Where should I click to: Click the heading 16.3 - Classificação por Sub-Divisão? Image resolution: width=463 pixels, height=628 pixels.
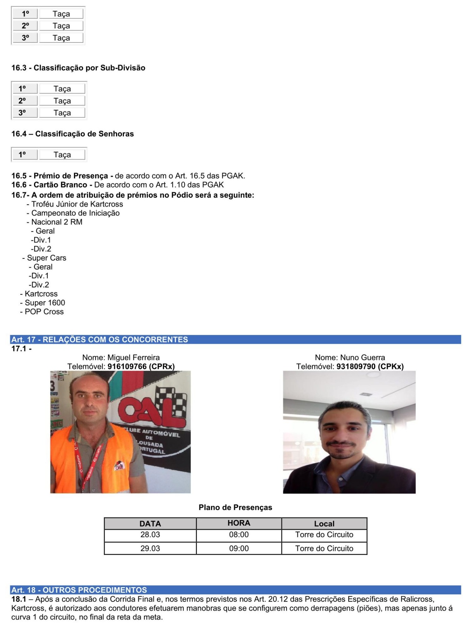coord(78,68)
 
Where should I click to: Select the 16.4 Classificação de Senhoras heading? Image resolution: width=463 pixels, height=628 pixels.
coord(73,134)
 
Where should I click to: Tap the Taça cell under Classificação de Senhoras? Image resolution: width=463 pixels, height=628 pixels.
coord(62,155)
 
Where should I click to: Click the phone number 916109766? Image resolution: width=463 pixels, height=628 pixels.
coord(127,366)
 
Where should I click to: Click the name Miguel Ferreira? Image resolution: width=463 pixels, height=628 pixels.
coord(133,358)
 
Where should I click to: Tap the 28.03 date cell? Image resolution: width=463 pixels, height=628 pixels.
coord(150,534)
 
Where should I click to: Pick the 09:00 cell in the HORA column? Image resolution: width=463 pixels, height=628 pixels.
coord(239,548)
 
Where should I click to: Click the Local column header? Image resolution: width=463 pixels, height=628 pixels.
coord(324,524)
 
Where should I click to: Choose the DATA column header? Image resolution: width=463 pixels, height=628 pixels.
coord(150,524)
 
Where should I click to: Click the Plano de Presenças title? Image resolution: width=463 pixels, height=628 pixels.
coord(235,507)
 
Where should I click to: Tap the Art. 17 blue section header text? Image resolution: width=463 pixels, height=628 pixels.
coord(100,340)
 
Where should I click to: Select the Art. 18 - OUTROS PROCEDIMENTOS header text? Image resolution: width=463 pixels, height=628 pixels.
coord(79,590)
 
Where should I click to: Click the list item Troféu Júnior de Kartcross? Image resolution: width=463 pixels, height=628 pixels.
coord(77,204)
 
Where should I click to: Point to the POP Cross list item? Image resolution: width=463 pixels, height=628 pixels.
coord(44,312)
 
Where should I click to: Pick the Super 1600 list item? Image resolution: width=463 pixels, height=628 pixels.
coord(45,303)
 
